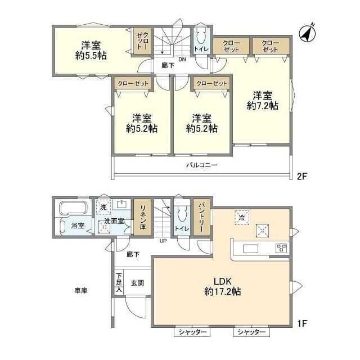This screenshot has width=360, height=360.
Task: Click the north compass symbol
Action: [307, 33]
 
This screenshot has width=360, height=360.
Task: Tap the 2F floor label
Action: [302, 176]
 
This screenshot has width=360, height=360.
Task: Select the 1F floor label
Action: [303, 323]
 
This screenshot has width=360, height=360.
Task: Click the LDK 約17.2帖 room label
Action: [223, 286]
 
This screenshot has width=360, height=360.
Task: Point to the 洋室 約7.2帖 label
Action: [263, 101]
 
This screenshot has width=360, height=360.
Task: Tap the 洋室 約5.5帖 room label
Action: [91, 51]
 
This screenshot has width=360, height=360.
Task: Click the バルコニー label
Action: [202, 165]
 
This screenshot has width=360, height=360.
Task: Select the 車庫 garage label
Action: [81, 291]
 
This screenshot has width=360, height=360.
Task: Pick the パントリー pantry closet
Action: [201, 218]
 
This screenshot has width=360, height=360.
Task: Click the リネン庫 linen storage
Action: [142, 218]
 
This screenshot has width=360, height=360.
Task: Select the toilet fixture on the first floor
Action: [182, 215]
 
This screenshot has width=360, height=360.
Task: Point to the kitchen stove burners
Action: [281, 248]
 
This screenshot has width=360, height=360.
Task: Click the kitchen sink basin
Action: [250, 249]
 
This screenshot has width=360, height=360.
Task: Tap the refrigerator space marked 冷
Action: [242, 218]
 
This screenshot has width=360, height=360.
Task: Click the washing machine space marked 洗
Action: [103, 207]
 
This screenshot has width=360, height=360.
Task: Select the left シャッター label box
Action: [192, 332]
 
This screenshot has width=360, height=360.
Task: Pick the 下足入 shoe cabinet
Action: [119, 282]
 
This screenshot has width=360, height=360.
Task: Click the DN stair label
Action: [182, 60]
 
